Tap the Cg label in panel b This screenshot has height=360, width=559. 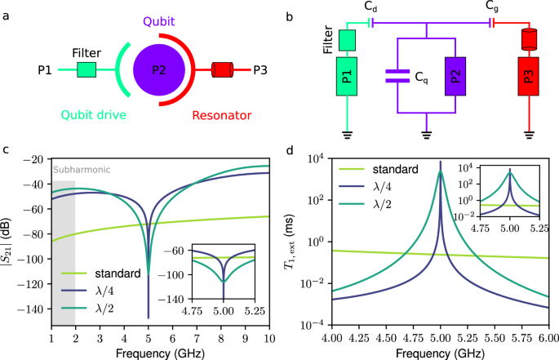492,9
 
